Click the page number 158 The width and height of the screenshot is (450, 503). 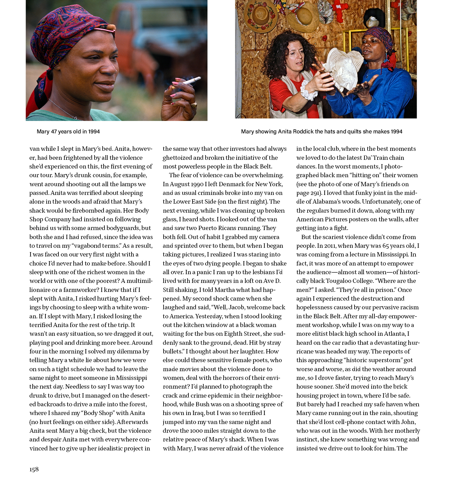(34, 469)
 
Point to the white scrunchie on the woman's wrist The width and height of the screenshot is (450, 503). (308, 90)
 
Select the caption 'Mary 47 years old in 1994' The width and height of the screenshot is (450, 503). (68, 132)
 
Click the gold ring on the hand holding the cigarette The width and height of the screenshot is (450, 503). (194, 104)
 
